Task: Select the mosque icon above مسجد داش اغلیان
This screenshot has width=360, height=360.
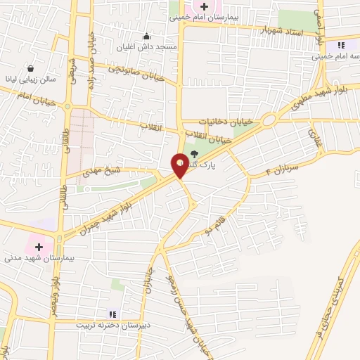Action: (146, 37)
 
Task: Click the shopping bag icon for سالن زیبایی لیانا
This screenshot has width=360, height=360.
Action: (32, 68)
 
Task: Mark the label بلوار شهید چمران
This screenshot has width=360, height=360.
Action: (120, 203)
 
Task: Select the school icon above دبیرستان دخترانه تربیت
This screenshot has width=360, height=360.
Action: (111, 314)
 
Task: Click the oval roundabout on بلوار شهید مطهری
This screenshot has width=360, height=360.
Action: (268, 120)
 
